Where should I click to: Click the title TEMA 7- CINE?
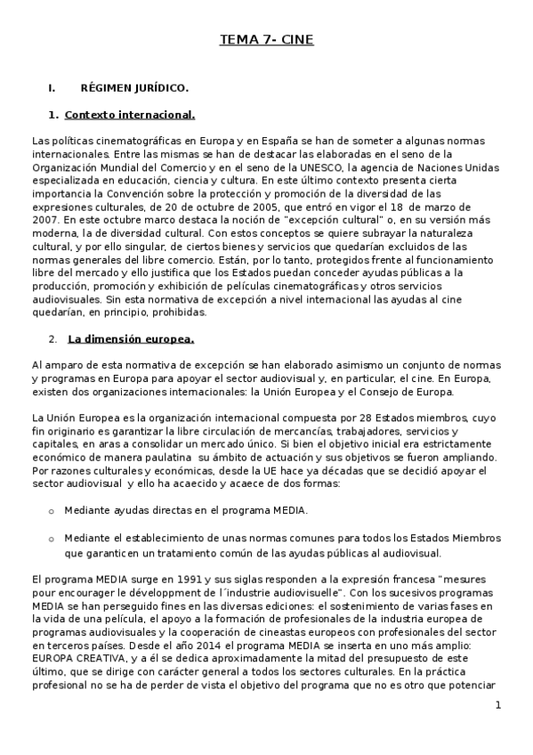266,40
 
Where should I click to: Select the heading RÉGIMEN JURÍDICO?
133,88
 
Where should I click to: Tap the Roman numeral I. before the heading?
52,88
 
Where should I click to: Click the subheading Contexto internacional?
130,115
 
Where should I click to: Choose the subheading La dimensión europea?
131,339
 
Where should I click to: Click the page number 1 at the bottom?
498,705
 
